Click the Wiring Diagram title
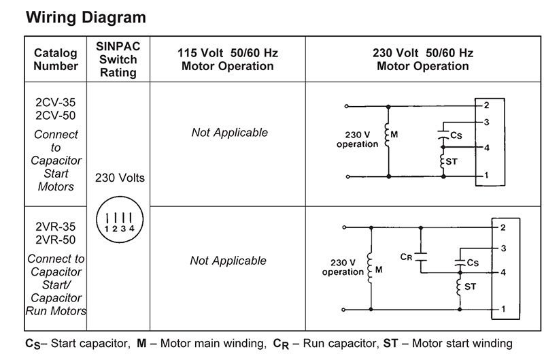pos(86,17)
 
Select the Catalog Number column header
pos(56,59)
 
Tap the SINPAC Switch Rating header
pos(118,59)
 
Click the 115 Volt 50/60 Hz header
pos(228,59)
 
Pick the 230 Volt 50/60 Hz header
pos(422,59)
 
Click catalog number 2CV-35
pos(56,103)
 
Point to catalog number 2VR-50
pos(56,240)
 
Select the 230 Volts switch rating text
pos(120,178)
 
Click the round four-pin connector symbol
pos(120,220)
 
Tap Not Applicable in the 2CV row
pos(229,133)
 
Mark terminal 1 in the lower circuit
pos(503,309)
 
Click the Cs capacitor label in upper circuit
pos(456,136)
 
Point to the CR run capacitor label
pos(406,257)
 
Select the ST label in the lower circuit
pos(470,287)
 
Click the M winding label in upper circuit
pos(394,135)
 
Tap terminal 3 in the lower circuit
pos(503,249)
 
